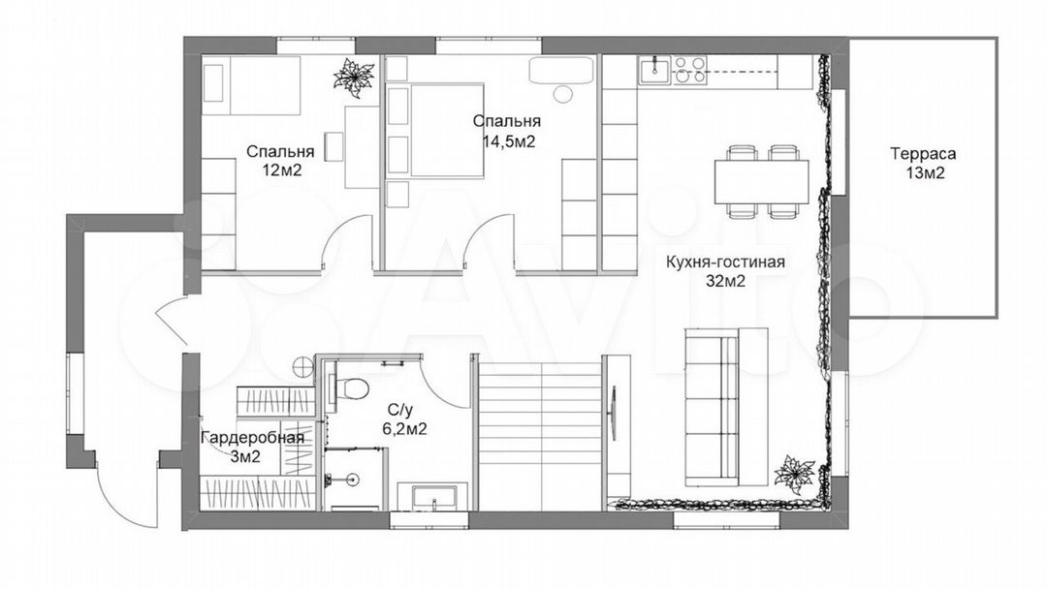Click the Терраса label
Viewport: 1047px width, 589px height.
pyautogui.click(x=923, y=154)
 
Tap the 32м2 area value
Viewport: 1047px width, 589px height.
pyautogui.click(x=725, y=282)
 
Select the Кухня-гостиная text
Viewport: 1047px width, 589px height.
pyautogui.click(x=725, y=263)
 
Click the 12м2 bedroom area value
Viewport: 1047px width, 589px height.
pyautogui.click(x=282, y=170)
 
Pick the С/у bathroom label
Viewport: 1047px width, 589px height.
pyautogui.click(x=399, y=409)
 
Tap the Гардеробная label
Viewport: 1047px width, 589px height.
pyautogui.click(x=253, y=438)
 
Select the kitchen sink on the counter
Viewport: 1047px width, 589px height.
pyautogui.click(x=655, y=70)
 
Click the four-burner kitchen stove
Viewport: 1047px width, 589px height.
pyautogui.click(x=689, y=70)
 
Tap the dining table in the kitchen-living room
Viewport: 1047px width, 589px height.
pyautogui.click(x=762, y=181)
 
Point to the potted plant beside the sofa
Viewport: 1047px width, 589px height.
pyautogui.click(x=795, y=475)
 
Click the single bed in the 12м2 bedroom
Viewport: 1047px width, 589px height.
pyautogui.click(x=250, y=86)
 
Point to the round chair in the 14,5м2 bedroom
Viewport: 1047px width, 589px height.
pyautogui.click(x=563, y=94)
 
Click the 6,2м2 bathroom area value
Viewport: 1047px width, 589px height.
pyautogui.click(x=404, y=428)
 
